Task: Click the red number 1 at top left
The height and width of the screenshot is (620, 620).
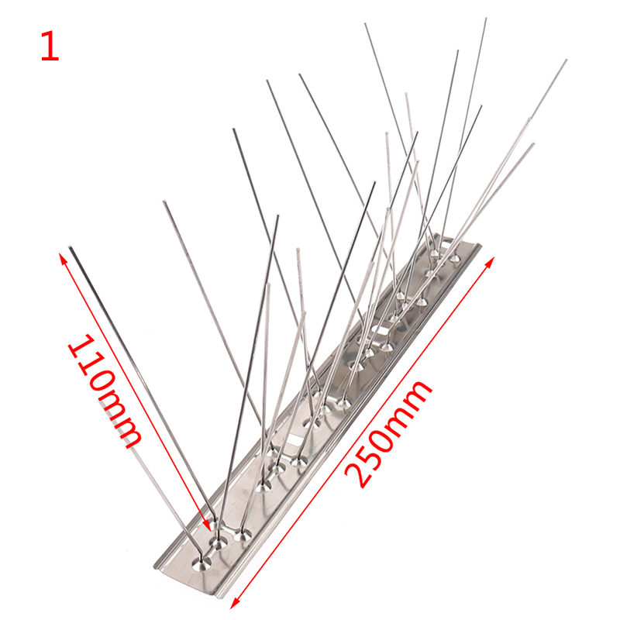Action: coord(50,46)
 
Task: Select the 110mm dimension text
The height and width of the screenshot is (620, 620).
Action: coord(105,391)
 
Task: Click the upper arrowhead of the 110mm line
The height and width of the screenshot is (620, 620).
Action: coord(62,258)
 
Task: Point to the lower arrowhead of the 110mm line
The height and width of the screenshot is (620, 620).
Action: coord(207,525)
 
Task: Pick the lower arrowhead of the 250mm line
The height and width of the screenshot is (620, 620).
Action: coord(235,604)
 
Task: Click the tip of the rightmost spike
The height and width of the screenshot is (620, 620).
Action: coord(566,60)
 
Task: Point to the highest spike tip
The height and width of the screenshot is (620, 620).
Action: coord(486,19)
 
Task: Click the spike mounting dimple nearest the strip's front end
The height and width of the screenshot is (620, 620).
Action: coord(202,563)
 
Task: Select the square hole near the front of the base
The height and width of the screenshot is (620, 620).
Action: coord(294,443)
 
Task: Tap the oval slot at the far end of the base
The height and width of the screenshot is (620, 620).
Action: coord(443,242)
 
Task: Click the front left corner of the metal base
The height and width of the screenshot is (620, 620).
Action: coord(154,567)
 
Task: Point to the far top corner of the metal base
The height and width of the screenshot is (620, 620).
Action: coord(437,235)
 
